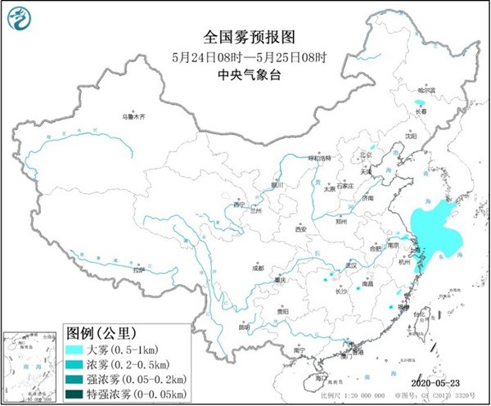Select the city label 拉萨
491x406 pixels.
138,268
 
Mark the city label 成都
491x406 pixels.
259,267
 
